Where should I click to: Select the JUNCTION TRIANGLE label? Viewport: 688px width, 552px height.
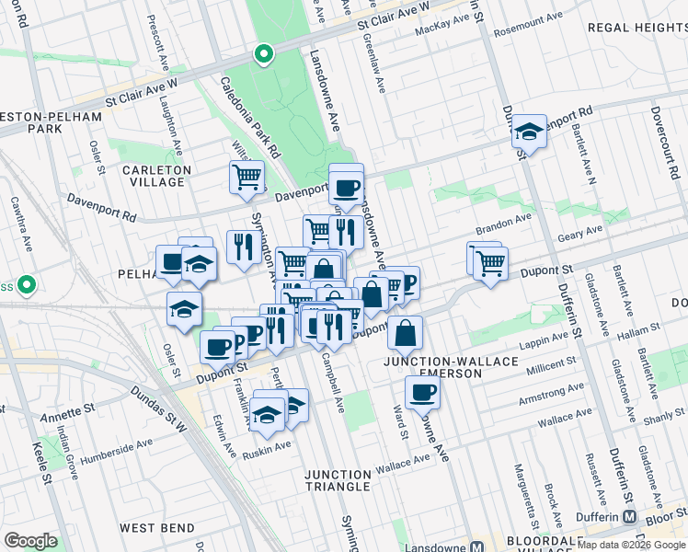(338, 482)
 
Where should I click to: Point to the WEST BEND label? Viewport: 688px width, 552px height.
(156, 528)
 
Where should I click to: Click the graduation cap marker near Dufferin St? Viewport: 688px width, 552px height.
(529, 132)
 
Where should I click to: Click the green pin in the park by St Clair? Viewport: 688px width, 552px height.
(263, 55)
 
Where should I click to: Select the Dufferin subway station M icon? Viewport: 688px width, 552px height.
(629, 516)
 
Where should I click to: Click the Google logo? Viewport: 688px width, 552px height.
(30, 540)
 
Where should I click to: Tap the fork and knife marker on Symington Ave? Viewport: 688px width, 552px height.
(244, 247)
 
